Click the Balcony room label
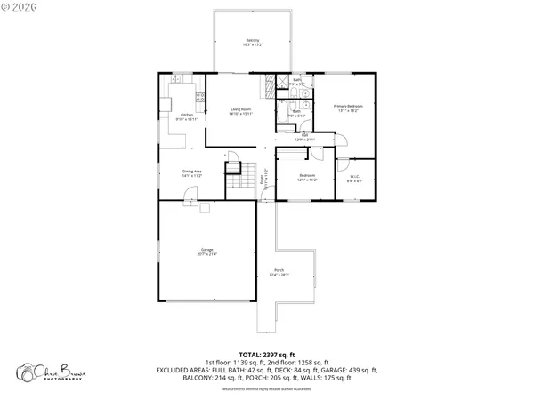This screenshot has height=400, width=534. point(254,43)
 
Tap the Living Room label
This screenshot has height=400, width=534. point(241,111)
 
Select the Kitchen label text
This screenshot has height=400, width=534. point(187,116)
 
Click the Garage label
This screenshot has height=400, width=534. point(207,253)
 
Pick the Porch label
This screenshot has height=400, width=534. point(279,272)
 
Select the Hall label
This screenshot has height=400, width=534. point(304,138)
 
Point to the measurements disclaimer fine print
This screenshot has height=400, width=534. point(267,388)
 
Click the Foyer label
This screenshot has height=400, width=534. point(262,181)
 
